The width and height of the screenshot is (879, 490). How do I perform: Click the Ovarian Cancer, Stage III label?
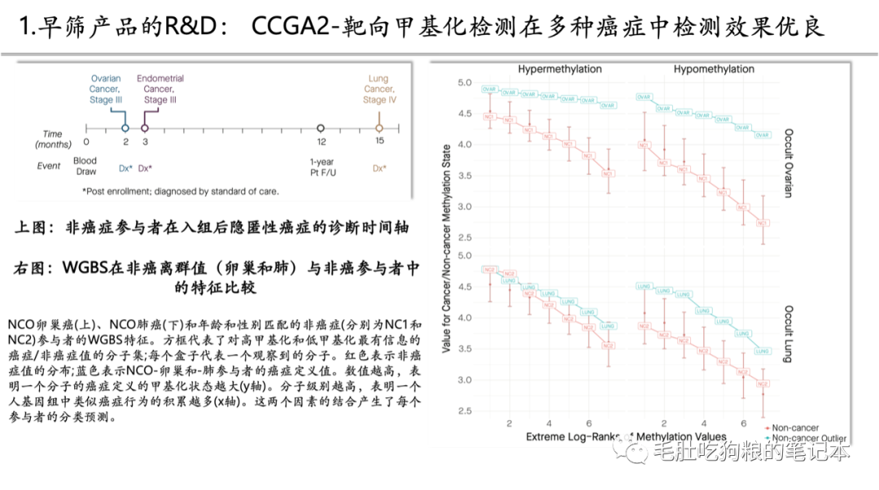pyautogui.click(x=106, y=90)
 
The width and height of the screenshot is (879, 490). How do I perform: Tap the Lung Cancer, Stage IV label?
pyautogui.click(x=378, y=90)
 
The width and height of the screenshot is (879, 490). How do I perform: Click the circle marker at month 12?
pyautogui.click(x=321, y=128)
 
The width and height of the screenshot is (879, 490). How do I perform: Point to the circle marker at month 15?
pyautogui.click(x=378, y=128)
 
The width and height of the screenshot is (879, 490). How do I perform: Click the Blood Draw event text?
pyautogui.click(x=85, y=166)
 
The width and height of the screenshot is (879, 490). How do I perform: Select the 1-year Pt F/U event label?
pyautogui.click(x=321, y=166)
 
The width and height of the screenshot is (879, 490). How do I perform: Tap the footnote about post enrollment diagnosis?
pyautogui.click(x=180, y=191)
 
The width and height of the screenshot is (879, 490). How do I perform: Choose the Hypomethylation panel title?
pyautogui.click(x=714, y=69)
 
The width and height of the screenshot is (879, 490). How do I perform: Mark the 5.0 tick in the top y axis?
pyautogui.click(x=465, y=83)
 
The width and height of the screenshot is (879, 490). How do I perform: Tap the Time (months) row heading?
pyautogui.click(x=54, y=138)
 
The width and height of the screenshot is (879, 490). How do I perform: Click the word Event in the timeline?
pyautogui.click(x=49, y=166)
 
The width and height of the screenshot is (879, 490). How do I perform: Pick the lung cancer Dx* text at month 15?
pyautogui.click(x=379, y=168)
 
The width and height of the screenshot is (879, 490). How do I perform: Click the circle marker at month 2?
pyautogui.click(x=125, y=128)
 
